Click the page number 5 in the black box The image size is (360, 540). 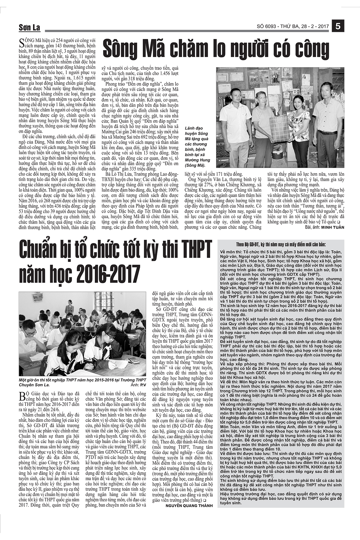coord(338,26)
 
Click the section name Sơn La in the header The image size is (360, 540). coord(29,28)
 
